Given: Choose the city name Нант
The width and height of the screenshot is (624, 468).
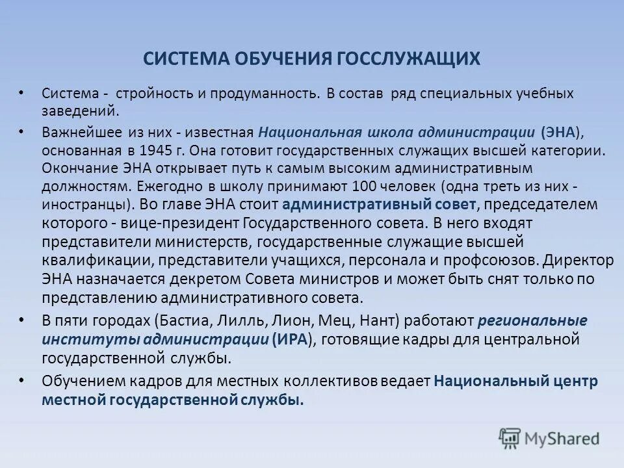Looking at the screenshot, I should (376, 320).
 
